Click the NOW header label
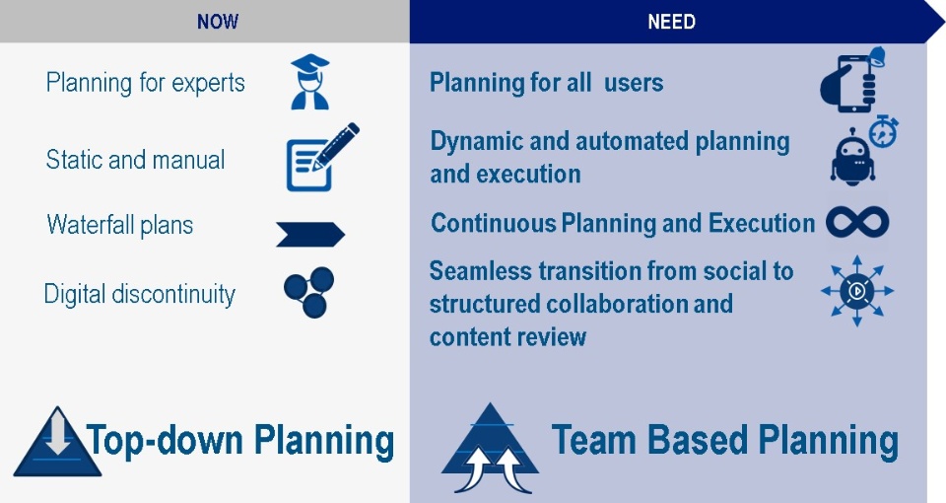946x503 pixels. click(217, 22)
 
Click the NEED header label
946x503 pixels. click(671, 22)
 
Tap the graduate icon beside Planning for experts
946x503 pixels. click(309, 82)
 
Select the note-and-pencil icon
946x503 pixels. click(322, 157)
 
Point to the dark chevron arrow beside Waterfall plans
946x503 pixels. click(310, 235)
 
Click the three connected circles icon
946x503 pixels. click(309, 292)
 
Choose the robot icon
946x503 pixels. click(851, 157)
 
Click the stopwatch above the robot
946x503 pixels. click(883, 131)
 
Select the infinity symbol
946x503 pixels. click(857, 222)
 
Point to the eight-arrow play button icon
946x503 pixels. click(857, 291)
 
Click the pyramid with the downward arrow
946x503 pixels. click(57, 442)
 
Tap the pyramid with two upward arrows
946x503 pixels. click(490, 448)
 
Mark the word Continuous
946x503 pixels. click(493, 224)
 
